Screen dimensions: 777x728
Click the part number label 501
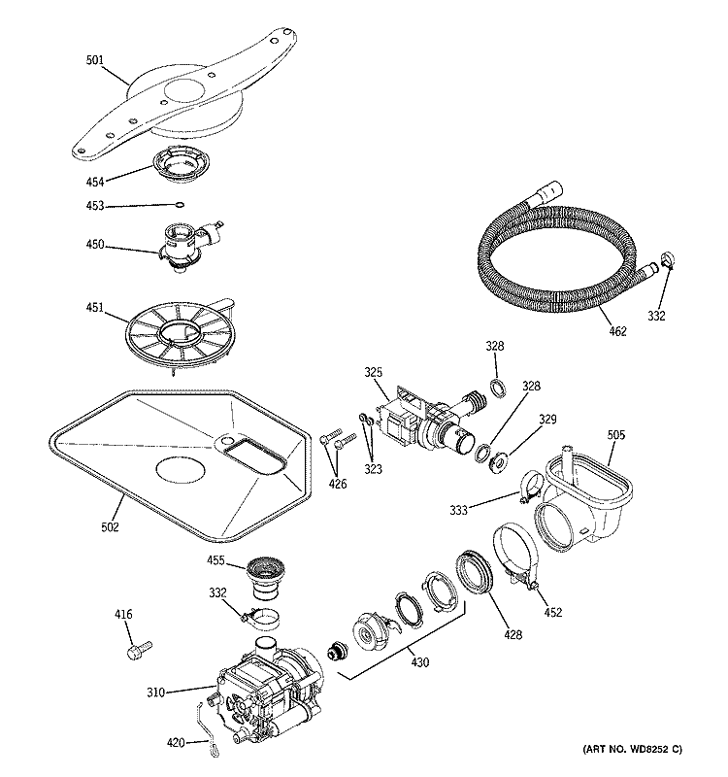pos(94,59)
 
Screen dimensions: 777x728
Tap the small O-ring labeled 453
pos(180,205)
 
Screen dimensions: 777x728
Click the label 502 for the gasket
pos(110,526)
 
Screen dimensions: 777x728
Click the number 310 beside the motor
pos(156,693)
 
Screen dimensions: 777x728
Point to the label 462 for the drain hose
pos(617,331)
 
